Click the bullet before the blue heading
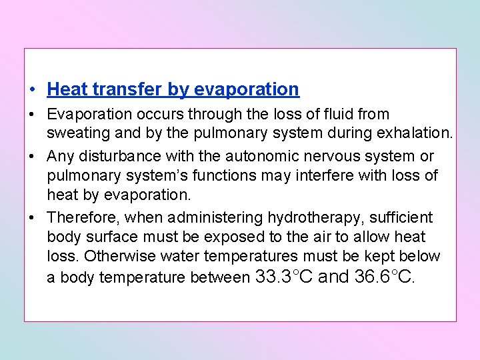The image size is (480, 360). (x=31, y=89)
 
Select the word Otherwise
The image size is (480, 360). (x=117, y=256)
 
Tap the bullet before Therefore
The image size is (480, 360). (x=31, y=218)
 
